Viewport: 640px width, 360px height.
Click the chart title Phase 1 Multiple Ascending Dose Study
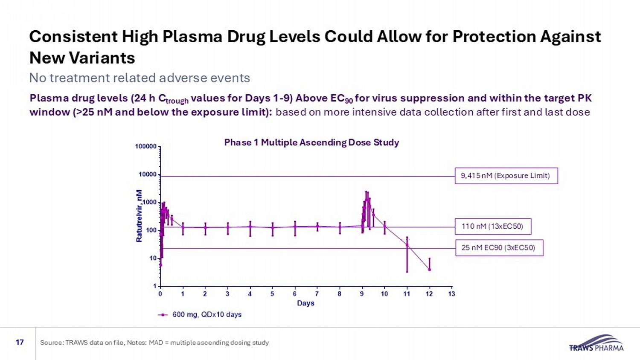pos(311,142)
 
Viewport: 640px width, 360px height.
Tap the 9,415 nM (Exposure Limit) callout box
pos(506,176)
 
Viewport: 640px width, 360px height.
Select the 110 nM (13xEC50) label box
pos(493,226)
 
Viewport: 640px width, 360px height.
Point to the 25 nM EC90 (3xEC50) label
pos(499,248)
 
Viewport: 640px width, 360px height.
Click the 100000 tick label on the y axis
pos(146,146)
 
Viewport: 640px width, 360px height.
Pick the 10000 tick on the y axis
pos(148,174)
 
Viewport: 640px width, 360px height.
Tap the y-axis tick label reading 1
pos(155,286)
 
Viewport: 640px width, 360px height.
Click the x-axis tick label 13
pos(451,294)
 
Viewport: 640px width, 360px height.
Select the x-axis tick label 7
pos(317,294)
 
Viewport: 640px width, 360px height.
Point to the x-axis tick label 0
pos(160,294)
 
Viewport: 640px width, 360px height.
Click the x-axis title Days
pos(305,303)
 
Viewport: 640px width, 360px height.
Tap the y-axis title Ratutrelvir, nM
pos(139,216)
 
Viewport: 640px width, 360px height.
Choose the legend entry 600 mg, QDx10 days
pos(207,315)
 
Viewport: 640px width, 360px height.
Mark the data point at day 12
pos(429,269)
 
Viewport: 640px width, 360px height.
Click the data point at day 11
pos(407,245)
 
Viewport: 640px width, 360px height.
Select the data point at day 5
pos(272,228)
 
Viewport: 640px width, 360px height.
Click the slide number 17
pos(20,342)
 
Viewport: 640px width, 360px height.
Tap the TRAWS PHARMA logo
pos(596,343)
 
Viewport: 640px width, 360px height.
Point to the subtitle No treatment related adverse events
pos(140,78)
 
